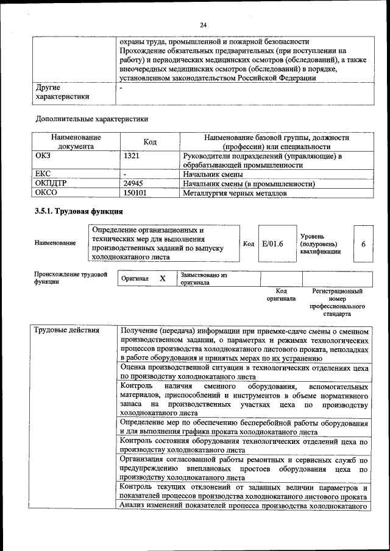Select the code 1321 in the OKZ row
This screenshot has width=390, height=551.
pos(132,156)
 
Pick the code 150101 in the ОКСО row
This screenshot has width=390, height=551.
pos(135,194)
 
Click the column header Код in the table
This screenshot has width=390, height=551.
pos(150,142)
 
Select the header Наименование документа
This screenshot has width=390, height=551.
pos(76,142)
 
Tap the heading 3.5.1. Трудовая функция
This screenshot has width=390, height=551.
pos(79,211)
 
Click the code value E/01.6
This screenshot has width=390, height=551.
pos(272,244)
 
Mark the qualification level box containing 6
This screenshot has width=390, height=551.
pos(363,244)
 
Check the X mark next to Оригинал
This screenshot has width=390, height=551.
pos(163,278)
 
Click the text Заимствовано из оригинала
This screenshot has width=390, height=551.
pos(204,279)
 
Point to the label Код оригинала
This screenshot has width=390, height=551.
pos(281,295)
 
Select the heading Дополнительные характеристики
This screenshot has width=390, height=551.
pos(92,118)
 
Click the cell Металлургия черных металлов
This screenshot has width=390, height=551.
pos(235,194)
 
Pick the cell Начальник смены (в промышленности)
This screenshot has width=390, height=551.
pos(249,183)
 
